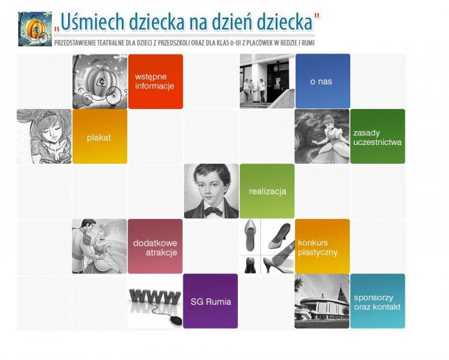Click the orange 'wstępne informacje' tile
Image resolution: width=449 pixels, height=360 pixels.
[x=155, y=81]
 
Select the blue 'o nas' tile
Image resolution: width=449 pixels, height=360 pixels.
[x=323, y=81]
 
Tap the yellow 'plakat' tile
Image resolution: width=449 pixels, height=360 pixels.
[x=100, y=136]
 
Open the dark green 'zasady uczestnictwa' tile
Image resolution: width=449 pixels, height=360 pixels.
[x=378, y=136]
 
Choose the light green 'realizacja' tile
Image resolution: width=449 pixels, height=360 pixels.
[x=267, y=191]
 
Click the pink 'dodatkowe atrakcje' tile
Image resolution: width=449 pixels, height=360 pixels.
[x=155, y=246]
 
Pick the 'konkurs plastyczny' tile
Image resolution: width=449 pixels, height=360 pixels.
[x=323, y=246]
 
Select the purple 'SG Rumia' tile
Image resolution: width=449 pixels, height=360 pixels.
[x=210, y=301]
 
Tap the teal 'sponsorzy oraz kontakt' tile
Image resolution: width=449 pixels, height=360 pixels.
[x=378, y=301]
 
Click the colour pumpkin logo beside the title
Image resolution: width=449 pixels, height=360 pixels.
[x=35, y=29]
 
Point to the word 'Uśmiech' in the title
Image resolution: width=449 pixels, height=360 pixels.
[x=92, y=22]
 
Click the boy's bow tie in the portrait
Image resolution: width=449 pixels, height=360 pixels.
[x=213, y=212]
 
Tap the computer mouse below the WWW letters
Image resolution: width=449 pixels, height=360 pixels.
[x=176, y=320]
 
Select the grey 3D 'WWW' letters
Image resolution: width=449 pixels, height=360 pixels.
[x=155, y=297]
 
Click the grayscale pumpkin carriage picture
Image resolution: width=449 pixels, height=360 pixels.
[x=100, y=81]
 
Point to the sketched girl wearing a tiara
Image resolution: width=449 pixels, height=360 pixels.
[x=44, y=136]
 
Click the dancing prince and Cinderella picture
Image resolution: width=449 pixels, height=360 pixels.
[x=99, y=246]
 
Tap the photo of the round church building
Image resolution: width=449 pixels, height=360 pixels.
[x=322, y=301]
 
